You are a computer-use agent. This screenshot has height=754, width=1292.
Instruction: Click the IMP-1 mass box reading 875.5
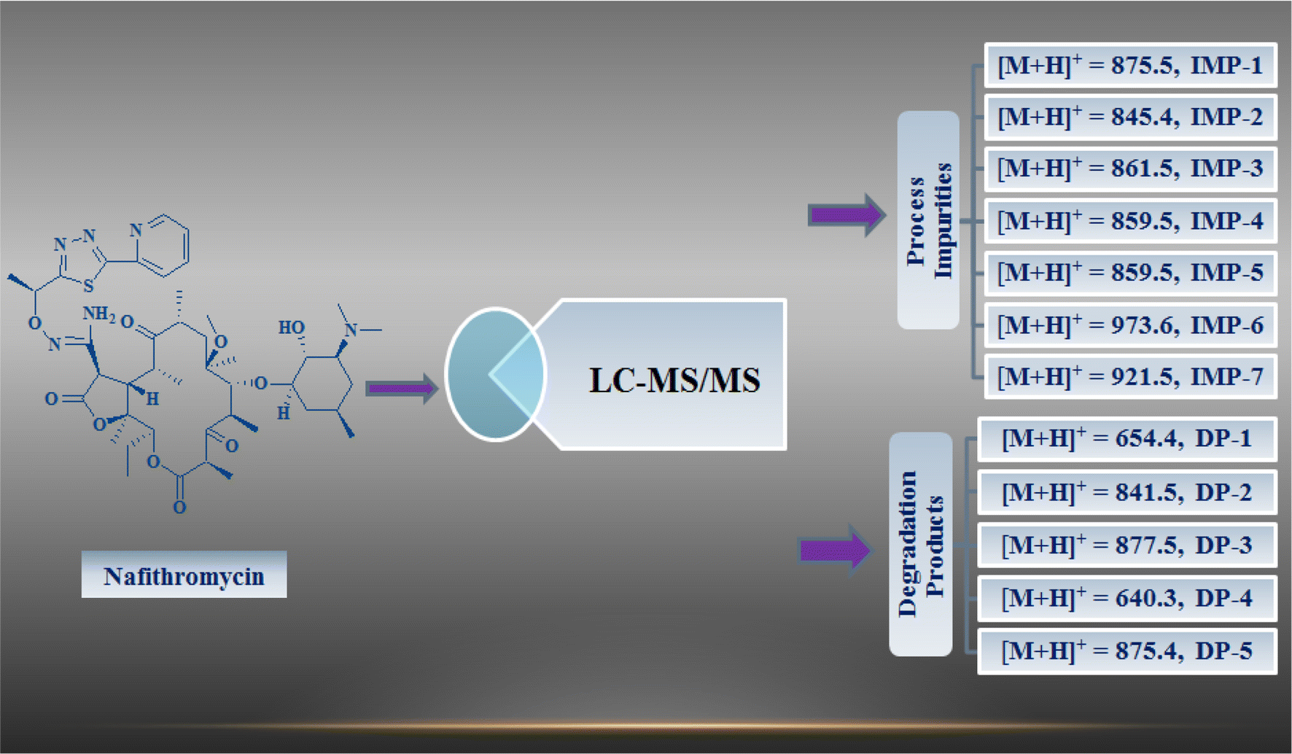pyautogui.click(x=1130, y=66)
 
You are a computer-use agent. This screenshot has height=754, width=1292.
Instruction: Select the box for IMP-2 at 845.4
pyautogui.click(x=1130, y=117)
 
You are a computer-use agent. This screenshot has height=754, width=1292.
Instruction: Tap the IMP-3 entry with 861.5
pyautogui.click(x=1130, y=168)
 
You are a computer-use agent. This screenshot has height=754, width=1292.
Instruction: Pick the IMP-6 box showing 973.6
pyautogui.click(x=1130, y=324)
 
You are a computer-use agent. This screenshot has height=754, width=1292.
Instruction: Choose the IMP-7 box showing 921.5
pyautogui.click(x=1130, y=376)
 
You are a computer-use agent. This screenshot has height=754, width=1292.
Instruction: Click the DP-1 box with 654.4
pyautogui.click(x=1126, y=438)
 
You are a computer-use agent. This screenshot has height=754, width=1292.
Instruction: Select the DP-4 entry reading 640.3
pyautogui.click(x=1126, y=598)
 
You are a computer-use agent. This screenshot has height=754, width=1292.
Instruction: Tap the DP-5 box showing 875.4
pyautogui.click(x=1126, y=650)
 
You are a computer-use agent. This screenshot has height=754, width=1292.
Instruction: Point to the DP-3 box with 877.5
pyautogui.click(x=1126, y=545)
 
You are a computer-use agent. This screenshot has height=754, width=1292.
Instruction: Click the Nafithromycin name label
pyautogui.click(x=184, y=575)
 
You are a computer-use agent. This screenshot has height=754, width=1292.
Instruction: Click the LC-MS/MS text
pyautogui.click(x=674, y=380)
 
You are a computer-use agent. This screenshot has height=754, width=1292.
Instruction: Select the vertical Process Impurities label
pyautogui.click(x=928, y=220)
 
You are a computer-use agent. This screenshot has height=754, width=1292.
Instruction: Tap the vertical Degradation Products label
pyautogui.click(x=920, y=544)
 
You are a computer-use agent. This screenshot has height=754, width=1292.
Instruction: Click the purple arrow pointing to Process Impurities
pyautogui.click(x=846, y=214)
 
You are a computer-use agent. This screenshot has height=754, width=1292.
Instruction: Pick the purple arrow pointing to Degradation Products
pyautogui.click(x=836, y=550)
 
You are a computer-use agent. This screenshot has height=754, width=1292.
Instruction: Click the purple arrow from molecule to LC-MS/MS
pyautogui.click(x=401, y=388)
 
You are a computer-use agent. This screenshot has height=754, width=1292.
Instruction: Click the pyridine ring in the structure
pyautogui.click(x=163, y=245)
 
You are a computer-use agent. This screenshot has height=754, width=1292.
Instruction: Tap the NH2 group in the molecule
pyautogui.click(x=98, y=314)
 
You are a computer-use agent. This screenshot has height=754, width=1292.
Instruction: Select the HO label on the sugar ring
pyautogui.click(x=291, y=327)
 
